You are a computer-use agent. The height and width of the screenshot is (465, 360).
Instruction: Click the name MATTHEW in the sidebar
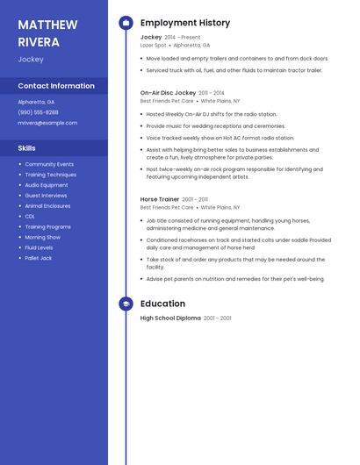[x=47, y=25]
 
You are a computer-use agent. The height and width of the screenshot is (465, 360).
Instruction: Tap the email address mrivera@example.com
[x=47, y=123]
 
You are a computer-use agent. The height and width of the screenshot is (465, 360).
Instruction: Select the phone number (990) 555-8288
[x=38, y=112]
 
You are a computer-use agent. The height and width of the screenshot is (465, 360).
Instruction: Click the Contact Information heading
[x=56, y=86]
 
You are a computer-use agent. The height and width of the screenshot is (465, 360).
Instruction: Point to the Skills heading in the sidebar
[x=26, y=148]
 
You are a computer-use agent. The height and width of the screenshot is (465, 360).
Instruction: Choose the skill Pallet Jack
[x=39, y=258]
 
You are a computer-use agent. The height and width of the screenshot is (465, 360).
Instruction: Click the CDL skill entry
[x=30, y=216]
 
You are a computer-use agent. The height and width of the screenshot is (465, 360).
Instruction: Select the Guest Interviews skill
[x=46, y=196]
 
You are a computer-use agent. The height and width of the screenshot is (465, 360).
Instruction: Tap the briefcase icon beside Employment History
[x=126, y=23]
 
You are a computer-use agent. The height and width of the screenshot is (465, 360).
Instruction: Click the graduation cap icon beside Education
[x=126, y=304]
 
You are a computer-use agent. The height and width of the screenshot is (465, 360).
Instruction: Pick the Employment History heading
[x=185, y=23]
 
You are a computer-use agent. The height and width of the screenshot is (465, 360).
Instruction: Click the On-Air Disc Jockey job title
[x=168, y=92]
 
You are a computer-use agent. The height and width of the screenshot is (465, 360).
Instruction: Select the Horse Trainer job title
[x=160, y=199]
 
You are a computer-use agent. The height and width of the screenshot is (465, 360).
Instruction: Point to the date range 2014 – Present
[x=183, y=38]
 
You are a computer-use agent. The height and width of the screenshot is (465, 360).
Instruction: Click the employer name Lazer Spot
[x=153, y=45]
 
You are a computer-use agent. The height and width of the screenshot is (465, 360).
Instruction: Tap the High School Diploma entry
[x=170, y=318]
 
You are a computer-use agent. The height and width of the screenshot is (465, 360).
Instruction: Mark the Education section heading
[x=162, y=304]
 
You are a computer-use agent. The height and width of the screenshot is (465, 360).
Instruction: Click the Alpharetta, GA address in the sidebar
[x=36, y=102]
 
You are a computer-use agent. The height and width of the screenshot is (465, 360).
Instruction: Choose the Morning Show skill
[x=42, y=237]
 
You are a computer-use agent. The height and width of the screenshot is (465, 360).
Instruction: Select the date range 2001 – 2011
[x=196, y=199]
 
